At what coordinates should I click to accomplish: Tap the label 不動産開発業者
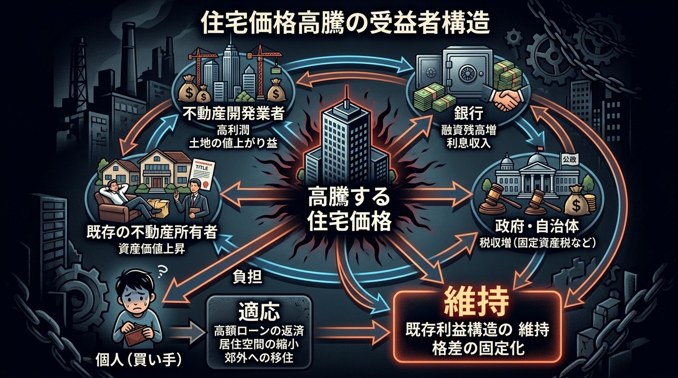(233, 115)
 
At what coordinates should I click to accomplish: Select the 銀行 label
(468, 115)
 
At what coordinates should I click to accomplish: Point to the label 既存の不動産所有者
(152, 233)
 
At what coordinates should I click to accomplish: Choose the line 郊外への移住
(259, 358)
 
